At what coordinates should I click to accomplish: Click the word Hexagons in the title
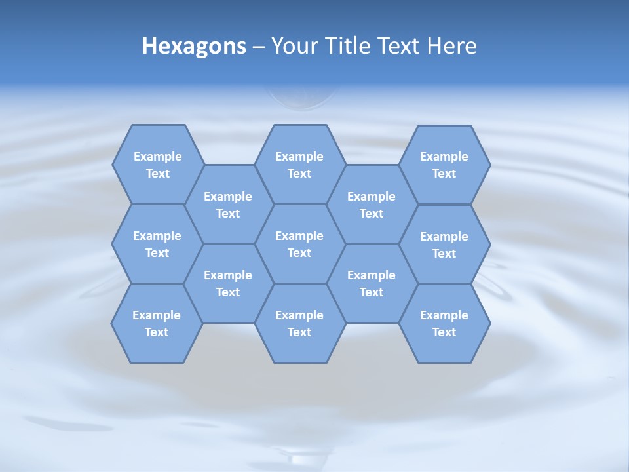pos(194,46)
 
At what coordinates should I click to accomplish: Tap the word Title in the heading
pos(351,46)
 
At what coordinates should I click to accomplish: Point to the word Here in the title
pos(451,46)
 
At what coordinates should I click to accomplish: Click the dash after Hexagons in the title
pos(258,47)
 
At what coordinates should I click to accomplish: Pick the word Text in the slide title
pos(401,46)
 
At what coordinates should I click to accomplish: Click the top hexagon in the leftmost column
pos(157,165)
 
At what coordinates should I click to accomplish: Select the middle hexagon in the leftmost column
pos(157,244)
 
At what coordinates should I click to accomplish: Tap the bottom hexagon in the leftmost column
pos(157,323)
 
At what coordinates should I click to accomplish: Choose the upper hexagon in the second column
pos(228,205)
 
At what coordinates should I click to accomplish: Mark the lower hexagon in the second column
pos(228,283)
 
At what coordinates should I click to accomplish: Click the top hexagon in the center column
pos(299,165)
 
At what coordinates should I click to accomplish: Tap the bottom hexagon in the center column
pos(299,323)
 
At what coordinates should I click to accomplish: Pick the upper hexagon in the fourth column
pos(372,205)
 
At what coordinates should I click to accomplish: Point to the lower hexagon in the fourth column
pos(372,283)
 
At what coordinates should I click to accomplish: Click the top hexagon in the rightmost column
pos(444,165)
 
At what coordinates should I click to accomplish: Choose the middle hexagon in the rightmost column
pos(444,245)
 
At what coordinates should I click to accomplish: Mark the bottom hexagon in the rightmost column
pos(444,323)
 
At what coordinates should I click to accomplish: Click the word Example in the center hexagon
pos(299,236)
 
